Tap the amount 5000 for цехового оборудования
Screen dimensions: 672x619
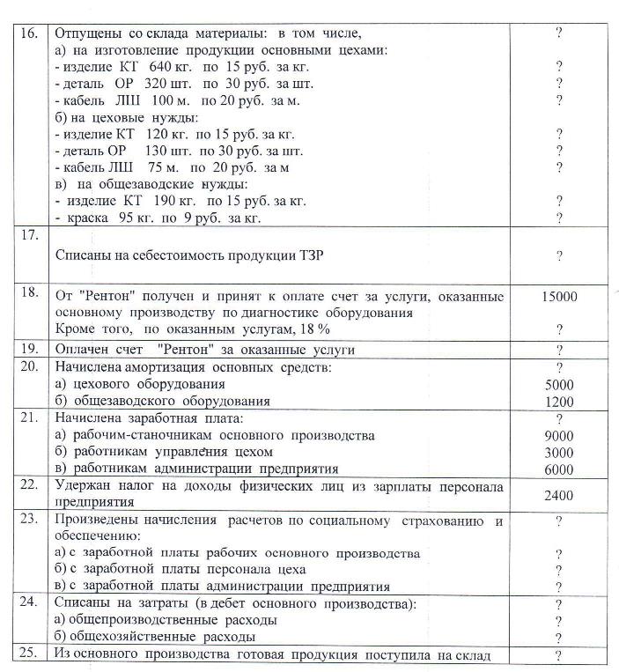(x=558, y=385)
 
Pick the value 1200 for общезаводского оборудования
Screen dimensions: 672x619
(x=558, y=401)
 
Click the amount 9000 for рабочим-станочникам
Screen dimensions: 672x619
(x=558, y=436)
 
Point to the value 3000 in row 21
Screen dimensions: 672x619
(x=558, y=453)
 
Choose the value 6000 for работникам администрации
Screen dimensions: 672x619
(x=558, y=469)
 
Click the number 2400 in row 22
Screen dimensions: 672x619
(x=558, y=496)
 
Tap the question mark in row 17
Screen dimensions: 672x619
(x=558, y=255)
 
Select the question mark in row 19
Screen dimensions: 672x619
(x=558, y=350)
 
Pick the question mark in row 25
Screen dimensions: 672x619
(x=558, y=655)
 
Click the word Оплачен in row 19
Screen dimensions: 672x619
(x=83, y=350)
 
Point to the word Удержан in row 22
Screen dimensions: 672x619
(x=83, y=486)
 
